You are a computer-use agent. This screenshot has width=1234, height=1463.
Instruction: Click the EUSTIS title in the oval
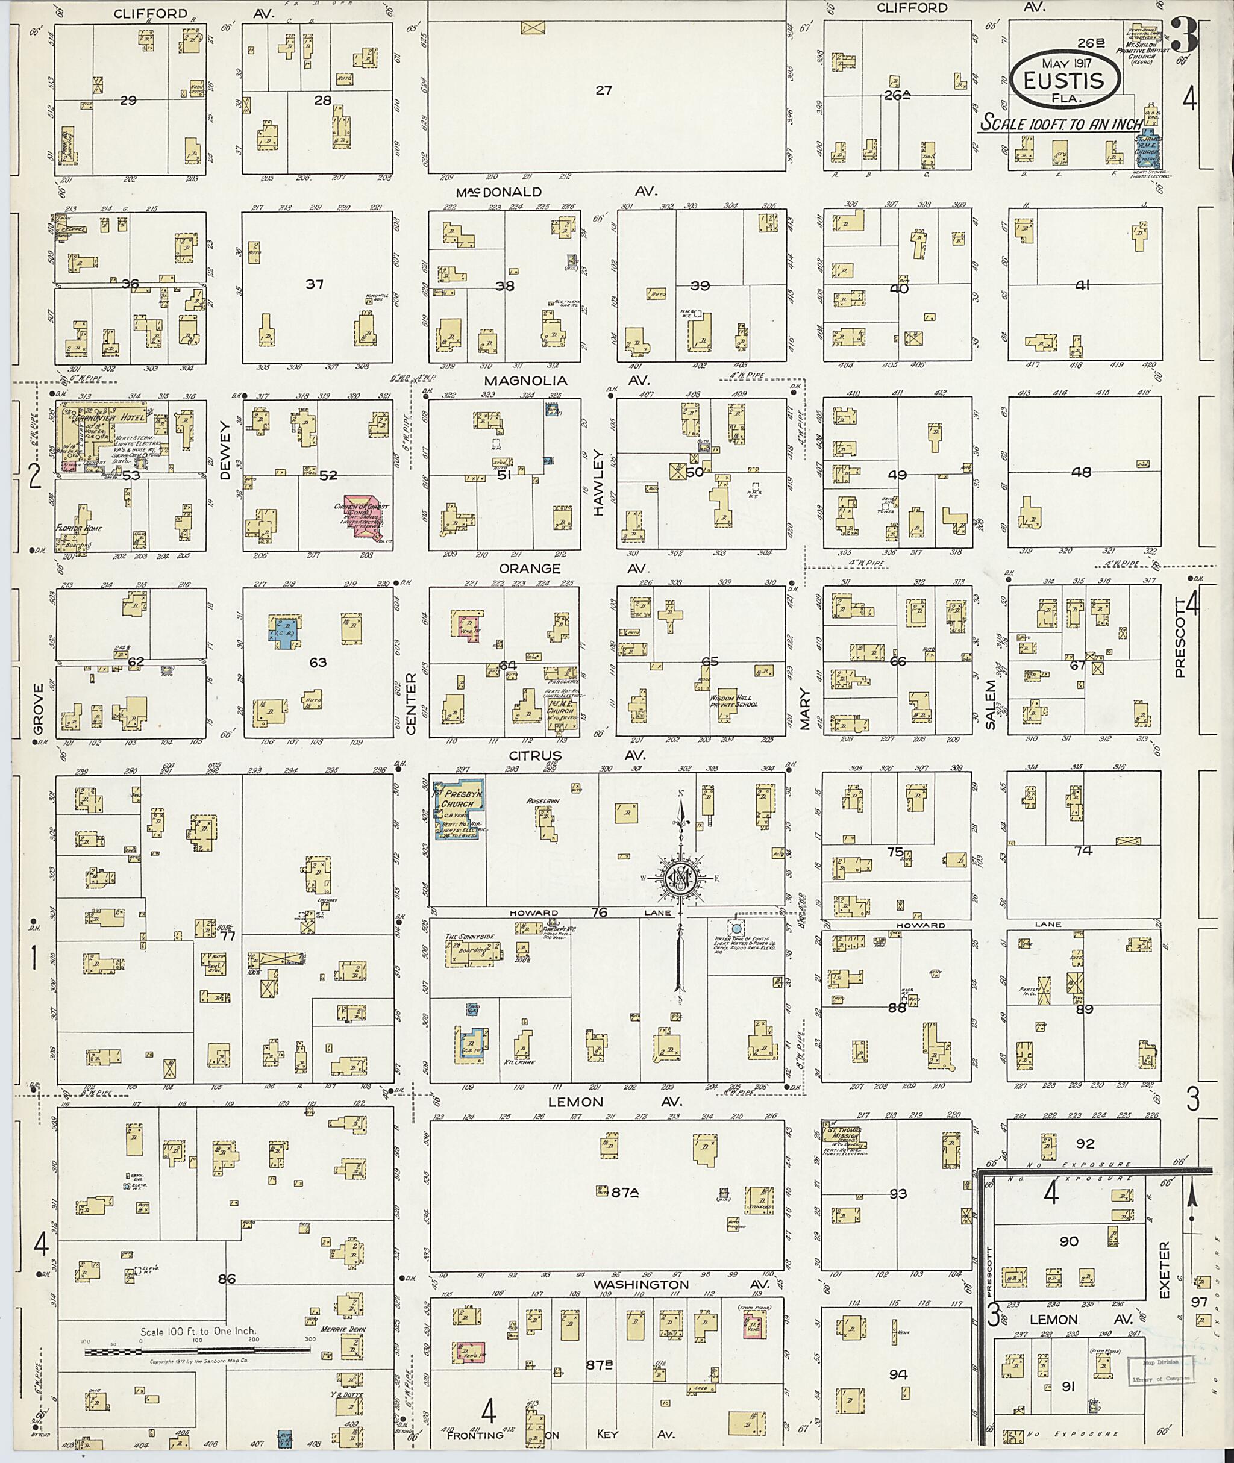(x=1063, y=81)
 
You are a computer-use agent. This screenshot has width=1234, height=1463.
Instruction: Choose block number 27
(x=603, y=90)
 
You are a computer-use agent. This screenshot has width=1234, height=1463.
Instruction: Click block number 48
(x=1082, y=472)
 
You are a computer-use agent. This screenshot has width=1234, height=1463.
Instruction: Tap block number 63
(x=318, y=661)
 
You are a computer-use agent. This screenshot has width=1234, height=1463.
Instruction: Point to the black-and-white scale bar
(x=198, y=1352)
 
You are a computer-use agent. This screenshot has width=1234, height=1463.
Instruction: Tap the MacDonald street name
(x=499, y=192)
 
